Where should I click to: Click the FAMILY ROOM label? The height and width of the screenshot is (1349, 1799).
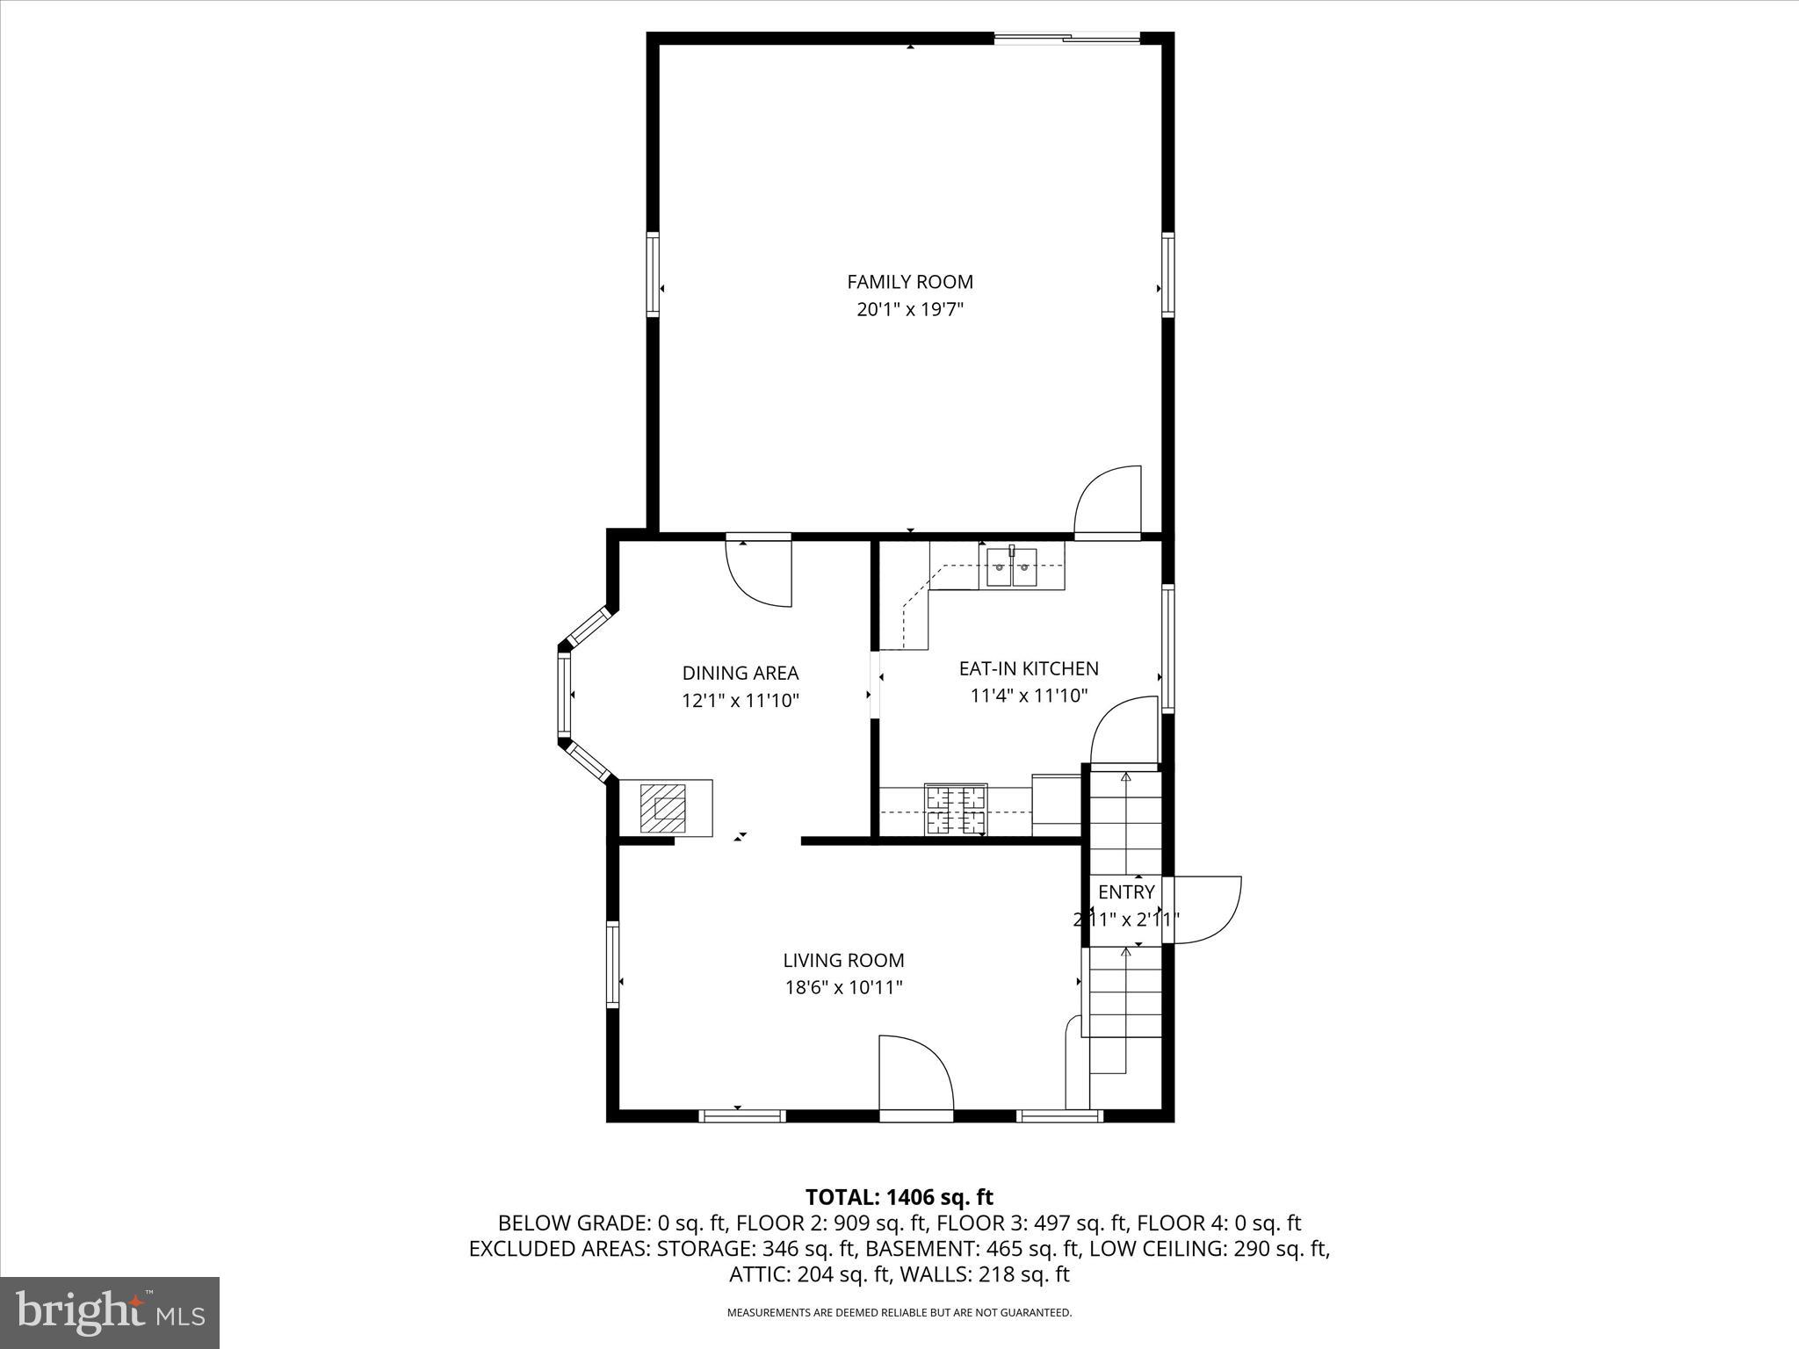point(909,282)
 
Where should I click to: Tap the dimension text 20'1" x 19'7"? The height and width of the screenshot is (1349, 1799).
point(909,309)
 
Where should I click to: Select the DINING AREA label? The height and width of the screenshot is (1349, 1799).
point(740,673)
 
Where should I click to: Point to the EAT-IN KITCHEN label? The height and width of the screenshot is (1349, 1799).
point(1028,668)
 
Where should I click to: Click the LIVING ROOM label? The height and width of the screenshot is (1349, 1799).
point(843,960)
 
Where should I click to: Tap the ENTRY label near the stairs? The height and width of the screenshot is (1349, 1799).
point(1125,892)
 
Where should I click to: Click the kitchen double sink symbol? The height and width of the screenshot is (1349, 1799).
point(1011,566)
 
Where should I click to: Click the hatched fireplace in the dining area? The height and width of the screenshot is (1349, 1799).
point(662,808)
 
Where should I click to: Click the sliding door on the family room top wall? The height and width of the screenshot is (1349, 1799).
point(1066,38)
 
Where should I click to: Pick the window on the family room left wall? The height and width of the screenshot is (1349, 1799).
point(653,274)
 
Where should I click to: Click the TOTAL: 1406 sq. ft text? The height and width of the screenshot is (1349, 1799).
point(899,1197)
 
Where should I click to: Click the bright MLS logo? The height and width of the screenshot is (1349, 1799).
point(110,1312)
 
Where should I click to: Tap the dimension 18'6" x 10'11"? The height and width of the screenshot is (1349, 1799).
point(843,987)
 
